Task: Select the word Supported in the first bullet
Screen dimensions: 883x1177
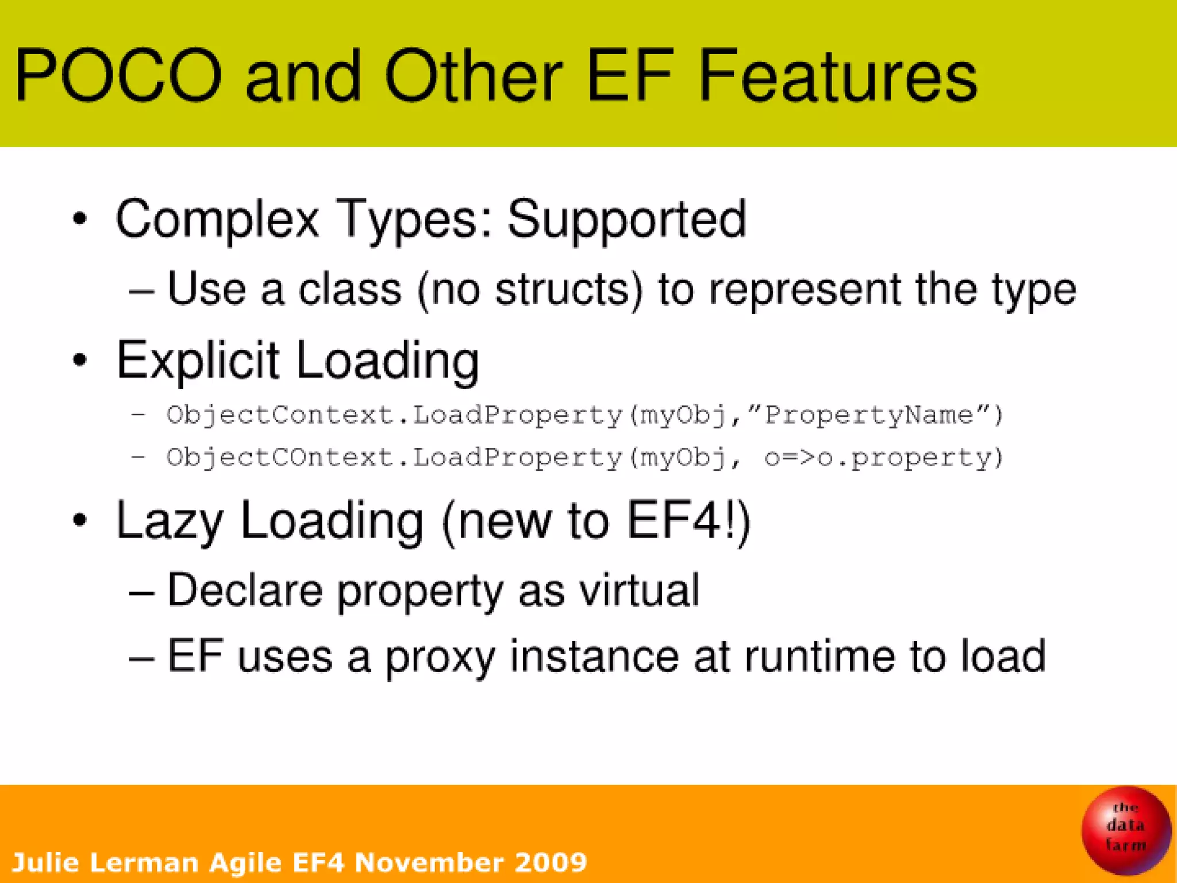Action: pyautogui.click(x=626, y=219)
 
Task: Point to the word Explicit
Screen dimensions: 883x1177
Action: pyautogui.click(x=198, y=361)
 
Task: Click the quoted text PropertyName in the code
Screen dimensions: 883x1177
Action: pyautogui.click(x=868, y=415)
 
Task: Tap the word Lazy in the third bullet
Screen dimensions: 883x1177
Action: pyautogui.click(x=169, y=521)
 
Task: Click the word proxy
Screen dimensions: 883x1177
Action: pyautogui.click(x=440, y=657)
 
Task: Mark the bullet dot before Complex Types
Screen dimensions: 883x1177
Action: pyautogui.click(x=80, y=219)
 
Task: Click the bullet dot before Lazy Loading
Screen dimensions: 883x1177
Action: pyautogui.click(x=80, y=520)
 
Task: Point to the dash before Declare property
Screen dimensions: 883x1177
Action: pyautogui.click(x=141, y=592)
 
